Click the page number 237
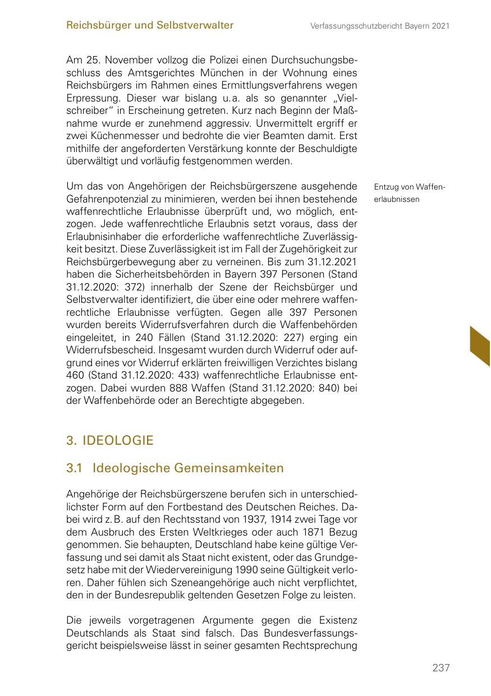(x=441, y=668)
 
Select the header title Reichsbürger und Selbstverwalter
(x=150, y=25)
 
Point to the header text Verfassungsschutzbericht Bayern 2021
(x=380, y=26)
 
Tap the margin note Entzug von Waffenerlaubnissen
(x=409, y=193)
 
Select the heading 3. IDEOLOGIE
(x=109, y=440)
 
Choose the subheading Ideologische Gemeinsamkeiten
(x=189, y=468)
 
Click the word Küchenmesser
(x=114, y=136)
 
